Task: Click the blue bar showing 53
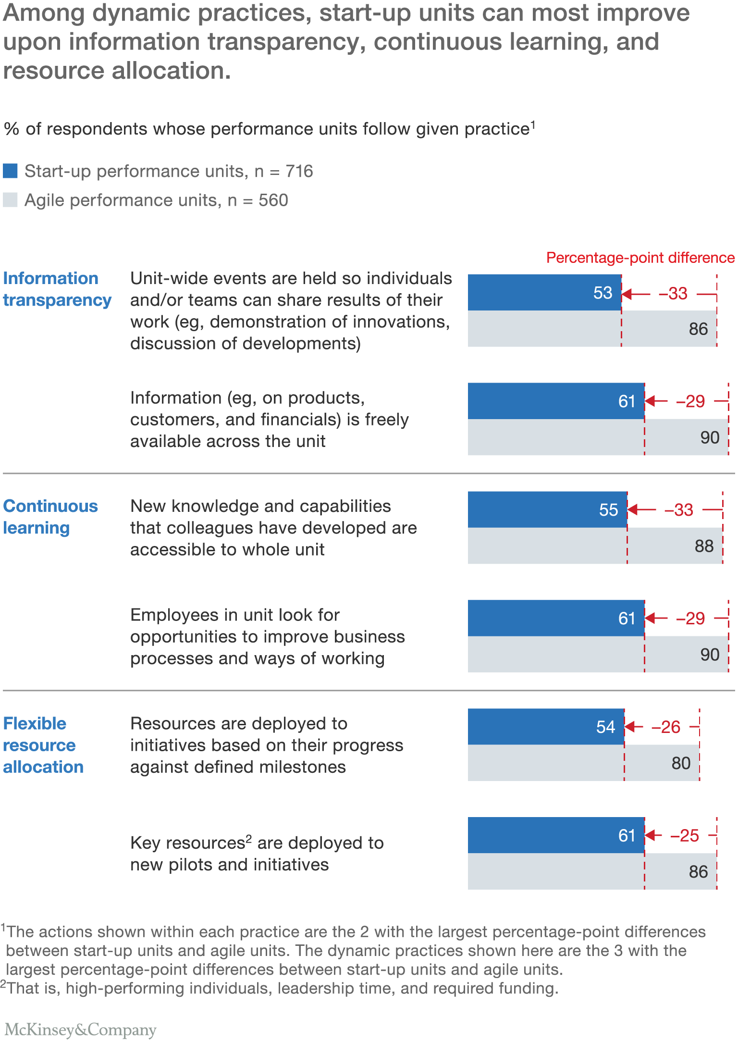(544, 293)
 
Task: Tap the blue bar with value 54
(546, 727)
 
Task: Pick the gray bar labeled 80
(583, 763)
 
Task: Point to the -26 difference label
(666, 727)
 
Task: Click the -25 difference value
(685, 836)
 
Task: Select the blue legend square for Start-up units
(10, 171)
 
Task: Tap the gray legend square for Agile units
(10, 199)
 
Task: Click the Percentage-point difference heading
(640, 258)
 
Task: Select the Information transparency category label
(57, 289)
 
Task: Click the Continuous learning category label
(50, 517)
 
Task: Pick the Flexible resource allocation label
(43, 745)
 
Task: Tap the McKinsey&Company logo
(80, 1030)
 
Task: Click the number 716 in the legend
(299, 172)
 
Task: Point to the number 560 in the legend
(273, 200)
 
